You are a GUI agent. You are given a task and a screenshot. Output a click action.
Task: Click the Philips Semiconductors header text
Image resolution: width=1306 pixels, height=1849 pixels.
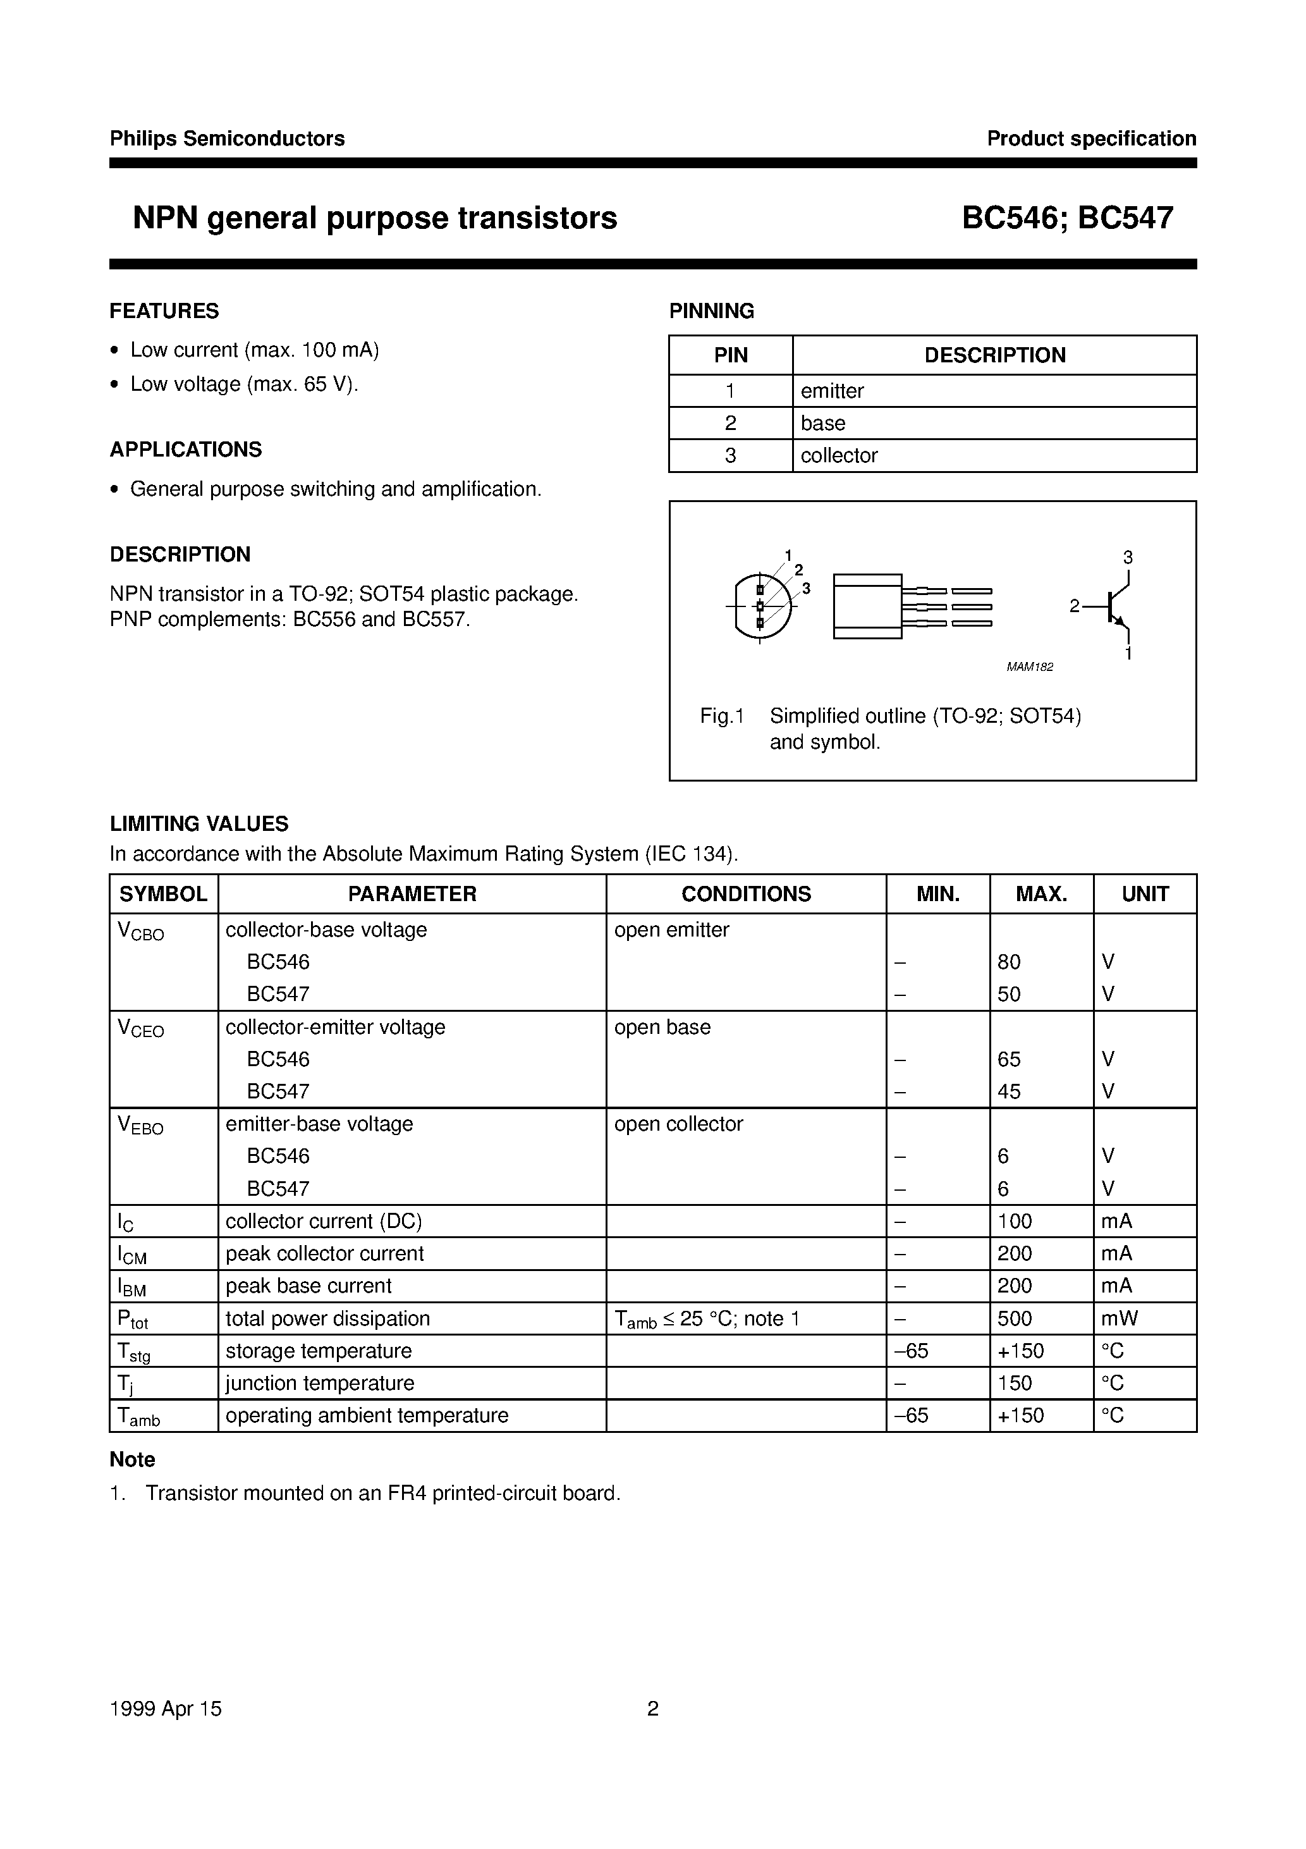click(227, 138)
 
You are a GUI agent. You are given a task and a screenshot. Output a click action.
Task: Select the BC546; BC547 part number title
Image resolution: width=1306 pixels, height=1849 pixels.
click(1067, 218)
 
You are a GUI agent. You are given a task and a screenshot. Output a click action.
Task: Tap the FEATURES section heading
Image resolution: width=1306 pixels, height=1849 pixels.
click(164, 311)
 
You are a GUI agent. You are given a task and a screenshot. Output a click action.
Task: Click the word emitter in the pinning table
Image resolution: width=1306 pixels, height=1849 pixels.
click(832, 391)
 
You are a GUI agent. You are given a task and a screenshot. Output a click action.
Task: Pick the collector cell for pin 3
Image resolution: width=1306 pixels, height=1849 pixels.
click(838, 455)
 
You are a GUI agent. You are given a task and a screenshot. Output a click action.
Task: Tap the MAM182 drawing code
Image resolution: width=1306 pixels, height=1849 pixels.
click(1029, 666)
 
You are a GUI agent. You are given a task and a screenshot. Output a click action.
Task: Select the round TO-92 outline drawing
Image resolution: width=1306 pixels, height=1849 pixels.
click(761, 606)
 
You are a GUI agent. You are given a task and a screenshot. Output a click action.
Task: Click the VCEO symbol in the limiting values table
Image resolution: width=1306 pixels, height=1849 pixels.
click(141, 1028)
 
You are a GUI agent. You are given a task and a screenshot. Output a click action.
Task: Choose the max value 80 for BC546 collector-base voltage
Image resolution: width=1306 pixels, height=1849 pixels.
click(1008, 962)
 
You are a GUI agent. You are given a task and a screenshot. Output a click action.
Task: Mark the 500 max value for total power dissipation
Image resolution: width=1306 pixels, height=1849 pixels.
click(1014, 1318)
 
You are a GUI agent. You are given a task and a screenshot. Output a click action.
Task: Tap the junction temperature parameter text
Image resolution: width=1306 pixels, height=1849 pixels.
click(320, 1383)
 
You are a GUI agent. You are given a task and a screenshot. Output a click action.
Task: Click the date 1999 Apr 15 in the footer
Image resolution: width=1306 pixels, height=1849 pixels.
click(165, 1708)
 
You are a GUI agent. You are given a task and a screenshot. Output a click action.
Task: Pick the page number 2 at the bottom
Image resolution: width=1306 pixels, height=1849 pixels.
click(652, 1708)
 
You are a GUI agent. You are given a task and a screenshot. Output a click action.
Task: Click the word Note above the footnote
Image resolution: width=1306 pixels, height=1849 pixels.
click(132, 1459)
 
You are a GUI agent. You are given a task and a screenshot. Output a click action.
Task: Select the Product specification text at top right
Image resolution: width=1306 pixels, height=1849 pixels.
click(1091, 138)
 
